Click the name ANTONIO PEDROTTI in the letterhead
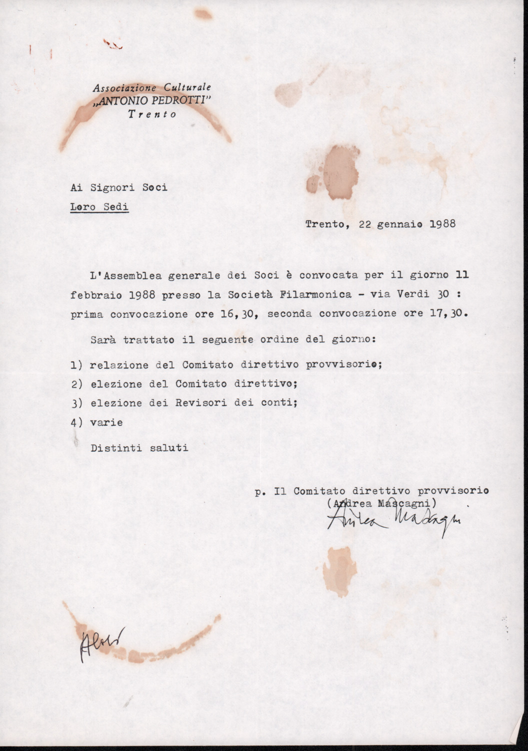point(152,101)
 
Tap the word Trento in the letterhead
point(152,114)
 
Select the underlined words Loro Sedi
point(99,207)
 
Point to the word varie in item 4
point(106,423)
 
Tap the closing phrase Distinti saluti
point(139,448)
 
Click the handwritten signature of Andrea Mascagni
point(393,521)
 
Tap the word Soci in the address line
point(154,188)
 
